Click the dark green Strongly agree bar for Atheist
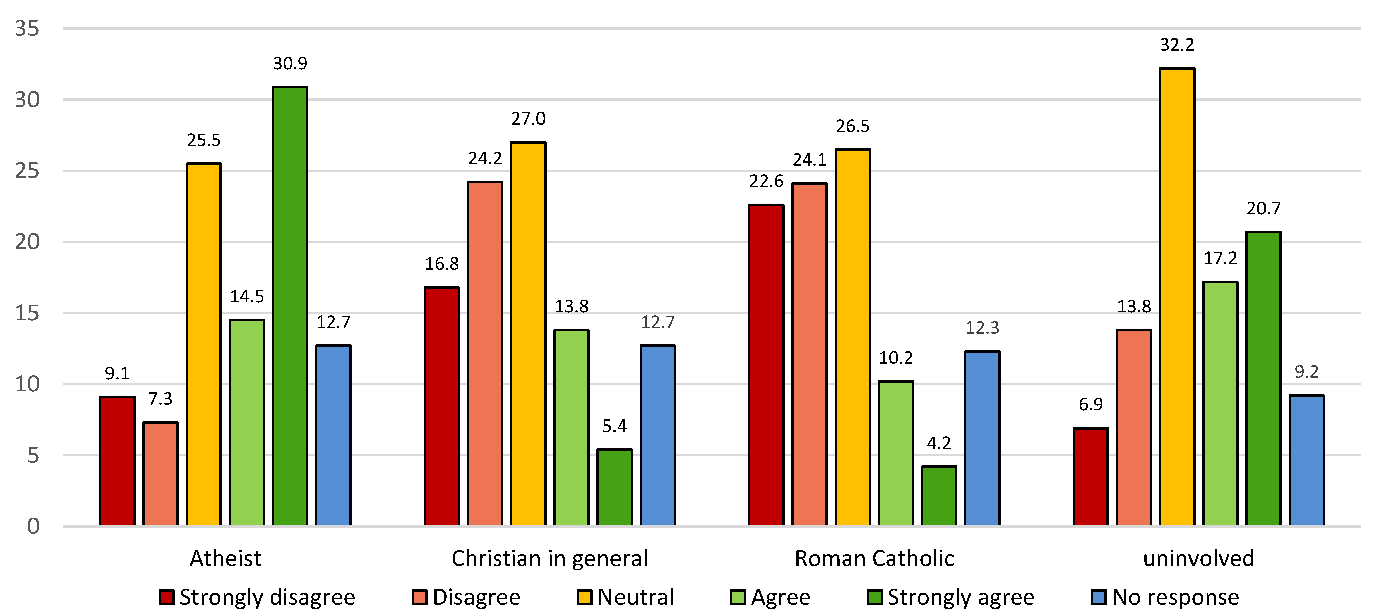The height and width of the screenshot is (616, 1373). pos(290,306)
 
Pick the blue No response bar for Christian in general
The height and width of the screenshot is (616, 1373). pos(658,436)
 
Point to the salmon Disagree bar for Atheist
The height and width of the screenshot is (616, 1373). pos(160,474)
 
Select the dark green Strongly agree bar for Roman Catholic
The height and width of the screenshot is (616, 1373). pos(939,496)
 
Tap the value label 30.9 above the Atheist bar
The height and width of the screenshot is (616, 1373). pos(290,63)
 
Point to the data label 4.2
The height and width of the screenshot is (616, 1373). pos(939,443)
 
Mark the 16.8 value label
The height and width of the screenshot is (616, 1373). pos(441,264)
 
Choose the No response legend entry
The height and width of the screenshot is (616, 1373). pos(1165,597)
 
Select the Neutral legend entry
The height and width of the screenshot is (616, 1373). pos(626,597)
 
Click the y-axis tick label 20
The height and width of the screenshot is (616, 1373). pos(27,242)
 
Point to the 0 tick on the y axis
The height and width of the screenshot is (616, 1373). pos(33,527)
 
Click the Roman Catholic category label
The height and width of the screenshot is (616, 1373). pos(874,558)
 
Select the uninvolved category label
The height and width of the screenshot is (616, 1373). pos(1198,558)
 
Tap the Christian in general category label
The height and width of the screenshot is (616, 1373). pos(550,558)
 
